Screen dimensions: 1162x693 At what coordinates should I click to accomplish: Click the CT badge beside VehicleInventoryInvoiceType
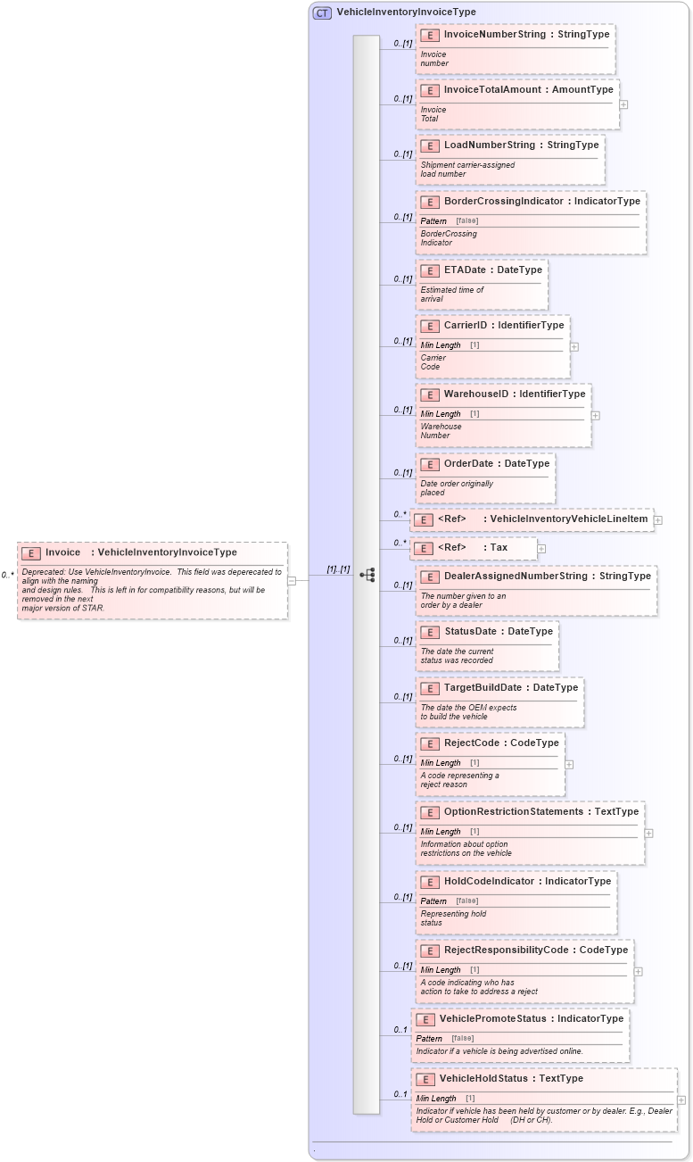click(x=322, y=12)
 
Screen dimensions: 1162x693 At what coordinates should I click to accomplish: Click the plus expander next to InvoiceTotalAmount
click(x=623, y=104)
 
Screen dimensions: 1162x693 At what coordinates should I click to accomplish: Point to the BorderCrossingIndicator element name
click(x=503, y=202)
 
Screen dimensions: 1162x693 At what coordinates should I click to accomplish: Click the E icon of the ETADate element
click(x=430, y=270)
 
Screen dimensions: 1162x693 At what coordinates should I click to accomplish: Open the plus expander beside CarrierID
click(x=574, y=346)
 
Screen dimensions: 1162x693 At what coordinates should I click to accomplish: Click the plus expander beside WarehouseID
click(x=596, y=415)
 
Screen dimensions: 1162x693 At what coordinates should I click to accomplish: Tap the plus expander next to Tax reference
click(x=541, y=549)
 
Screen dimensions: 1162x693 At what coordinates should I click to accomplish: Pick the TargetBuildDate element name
click(x=485, y=688)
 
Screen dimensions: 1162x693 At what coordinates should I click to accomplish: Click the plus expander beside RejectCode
click(x=569, y=764)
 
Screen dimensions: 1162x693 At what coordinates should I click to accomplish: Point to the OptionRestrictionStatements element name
click(x=513, y=812)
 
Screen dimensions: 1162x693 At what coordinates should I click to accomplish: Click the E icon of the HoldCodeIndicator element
click(x=430, y=882)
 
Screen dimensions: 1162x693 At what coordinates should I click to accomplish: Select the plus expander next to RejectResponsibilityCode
click(x=639, y=971)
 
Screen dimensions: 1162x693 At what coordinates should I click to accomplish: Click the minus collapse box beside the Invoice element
click(x=292, y=580)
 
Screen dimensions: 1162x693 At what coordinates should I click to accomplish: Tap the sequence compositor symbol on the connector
click(x=367, y=575)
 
